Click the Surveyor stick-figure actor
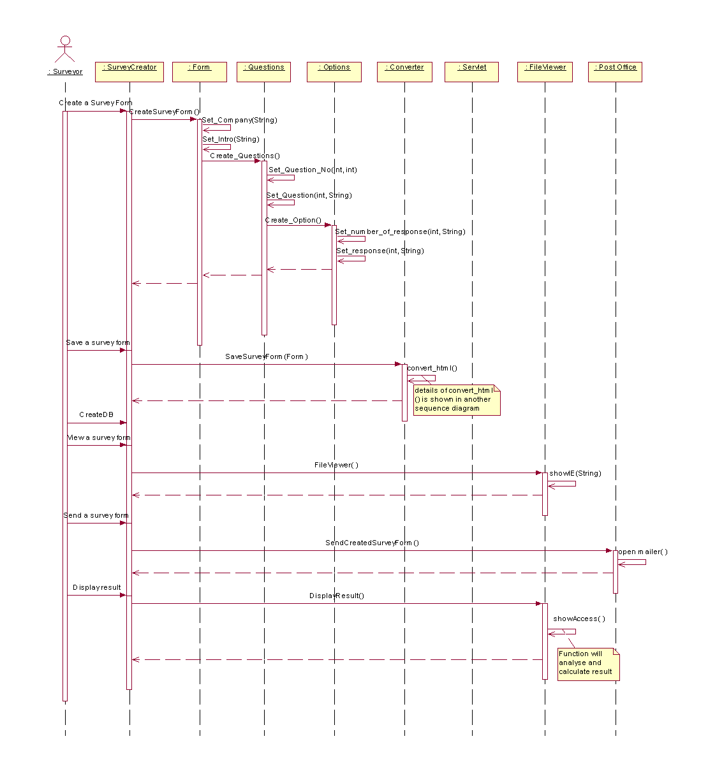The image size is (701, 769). click(65, 50)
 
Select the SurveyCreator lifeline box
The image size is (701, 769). click(129, 71)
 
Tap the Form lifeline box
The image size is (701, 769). click(200, 71)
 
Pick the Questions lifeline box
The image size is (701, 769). click(264, 71)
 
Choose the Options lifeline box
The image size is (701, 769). click(334, 71)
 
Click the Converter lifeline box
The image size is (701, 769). click(404, 71)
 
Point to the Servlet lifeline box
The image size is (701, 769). click(473, 71)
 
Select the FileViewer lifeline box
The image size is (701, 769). click(545, 71)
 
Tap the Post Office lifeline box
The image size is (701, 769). click(616, 71)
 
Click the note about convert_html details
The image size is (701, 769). click(456, 400)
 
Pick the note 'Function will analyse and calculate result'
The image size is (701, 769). click(587, 663)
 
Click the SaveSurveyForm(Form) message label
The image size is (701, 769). click(267, 356)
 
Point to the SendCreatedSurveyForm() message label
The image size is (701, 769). click(372, 543)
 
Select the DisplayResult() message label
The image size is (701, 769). click(337, 596)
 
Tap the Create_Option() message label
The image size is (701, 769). click(293, 220)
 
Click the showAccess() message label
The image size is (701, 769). click(579, 619)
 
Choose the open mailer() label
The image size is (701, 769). click(642, 552)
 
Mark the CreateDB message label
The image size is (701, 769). click(96, 414)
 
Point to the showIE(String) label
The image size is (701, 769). click(575, 473)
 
